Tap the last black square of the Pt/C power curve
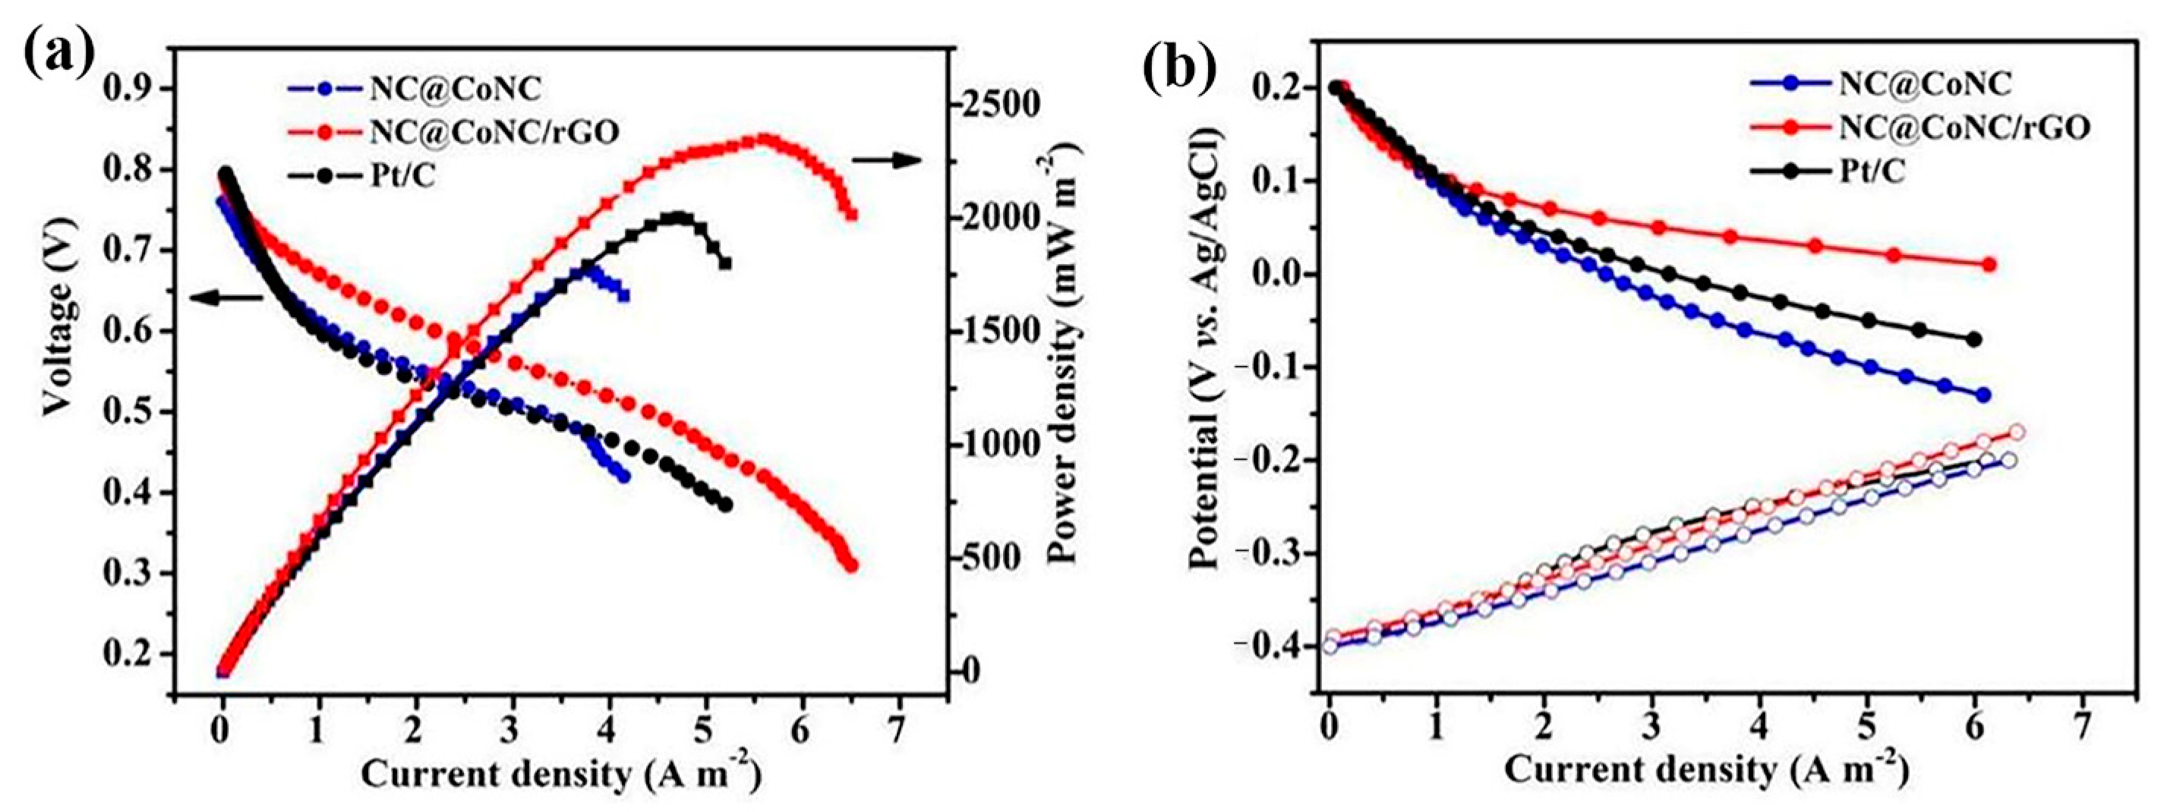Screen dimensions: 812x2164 click(725, 263)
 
